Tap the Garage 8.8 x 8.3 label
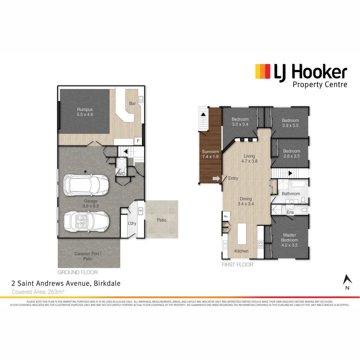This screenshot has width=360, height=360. click(91, 204)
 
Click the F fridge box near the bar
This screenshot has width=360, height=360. click(138, 141)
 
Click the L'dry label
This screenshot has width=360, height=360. click(132, 223)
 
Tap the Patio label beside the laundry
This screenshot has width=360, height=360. click(162, 220)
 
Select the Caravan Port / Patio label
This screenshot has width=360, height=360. click(88, 256)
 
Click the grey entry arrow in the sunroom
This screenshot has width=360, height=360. click(216, 179)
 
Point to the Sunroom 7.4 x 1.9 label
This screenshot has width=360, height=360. click(210, 154)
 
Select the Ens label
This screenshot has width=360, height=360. click(290, 212)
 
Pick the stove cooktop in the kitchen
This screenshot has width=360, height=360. click(261, 244)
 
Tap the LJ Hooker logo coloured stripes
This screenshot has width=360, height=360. click(262, 71)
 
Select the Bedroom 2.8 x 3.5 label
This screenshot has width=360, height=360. click(292, 153)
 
